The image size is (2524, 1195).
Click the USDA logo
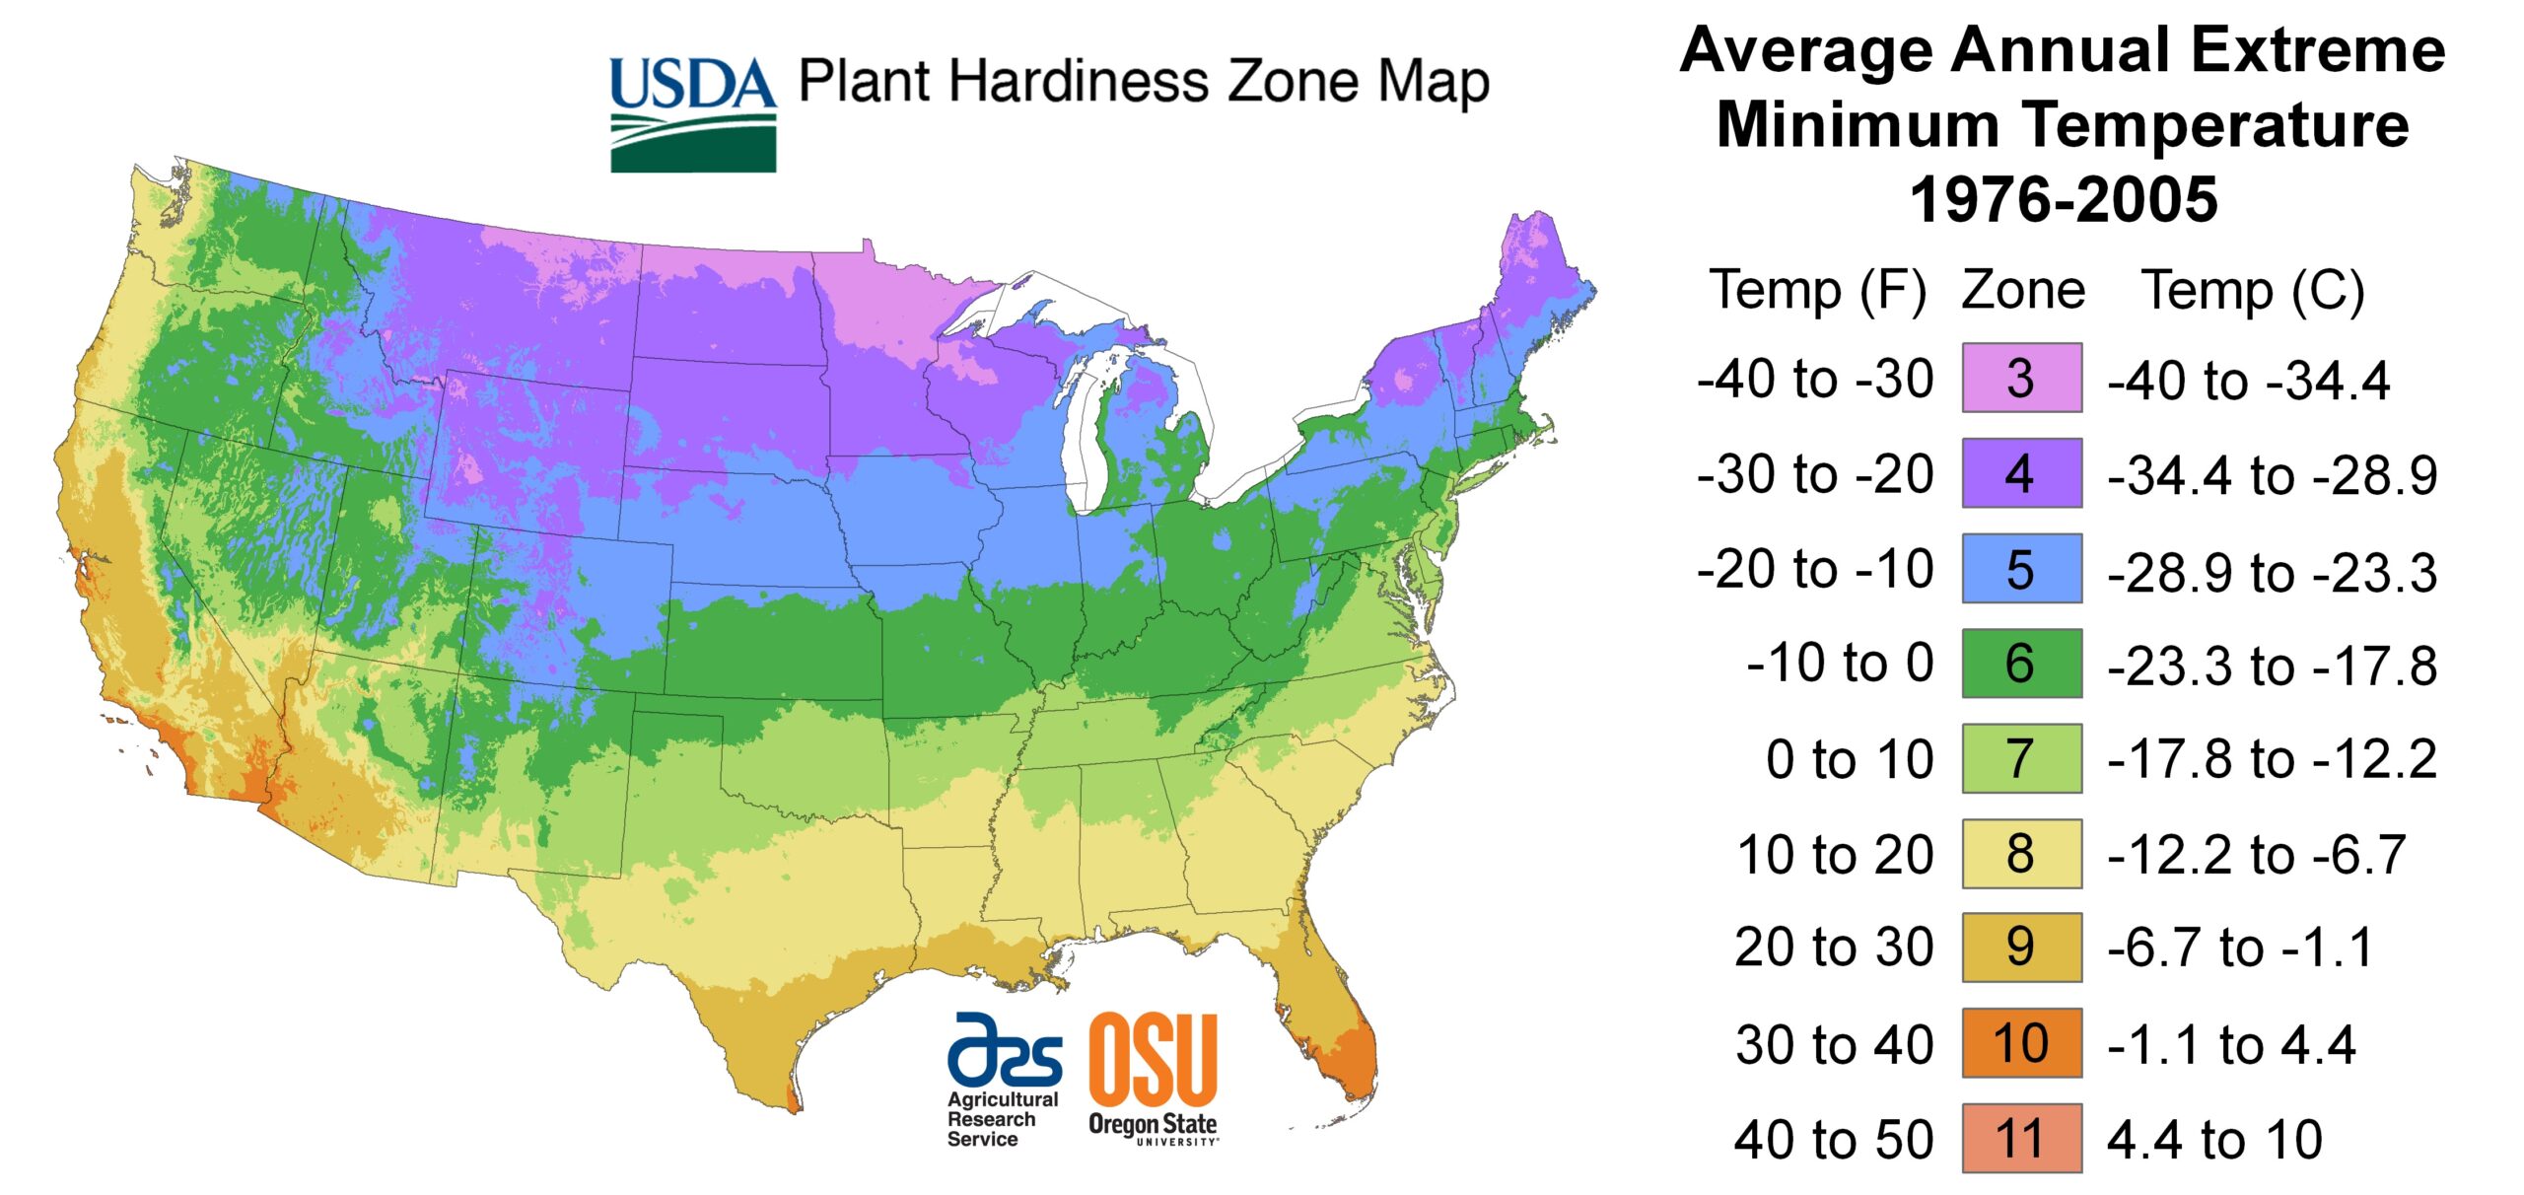click(x=692, y=114)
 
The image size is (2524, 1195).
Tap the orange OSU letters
click(x=1153, y=1060)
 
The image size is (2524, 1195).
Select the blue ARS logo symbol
click(x=1004, y=1048)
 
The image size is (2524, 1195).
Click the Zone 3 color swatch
click(x=2021, y=378)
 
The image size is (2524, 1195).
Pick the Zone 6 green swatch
click(x=2021, y=663)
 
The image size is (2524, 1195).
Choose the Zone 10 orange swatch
click(x=2021, y=1043)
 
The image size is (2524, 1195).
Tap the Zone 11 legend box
click(x=2021, y=1138)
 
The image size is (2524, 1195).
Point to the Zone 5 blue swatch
click(x=2021, y=568)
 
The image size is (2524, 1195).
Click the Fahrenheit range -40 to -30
click(x=1815, y=380)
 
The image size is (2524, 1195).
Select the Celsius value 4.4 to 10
click(x=2214, y=1140)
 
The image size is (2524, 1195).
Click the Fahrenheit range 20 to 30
click(x=1834, y=948)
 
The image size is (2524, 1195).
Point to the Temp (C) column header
click(x=2253, y=291)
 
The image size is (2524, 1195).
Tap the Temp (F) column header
click(x=1817, y=291)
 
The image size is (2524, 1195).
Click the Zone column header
click(x=2023, y=291)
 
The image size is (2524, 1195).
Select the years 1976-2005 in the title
click(x=2063, y=200)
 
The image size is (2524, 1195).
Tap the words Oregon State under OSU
click(x=1152, y=1124)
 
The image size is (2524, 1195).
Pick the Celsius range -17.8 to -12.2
click(x=2272, y=759)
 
